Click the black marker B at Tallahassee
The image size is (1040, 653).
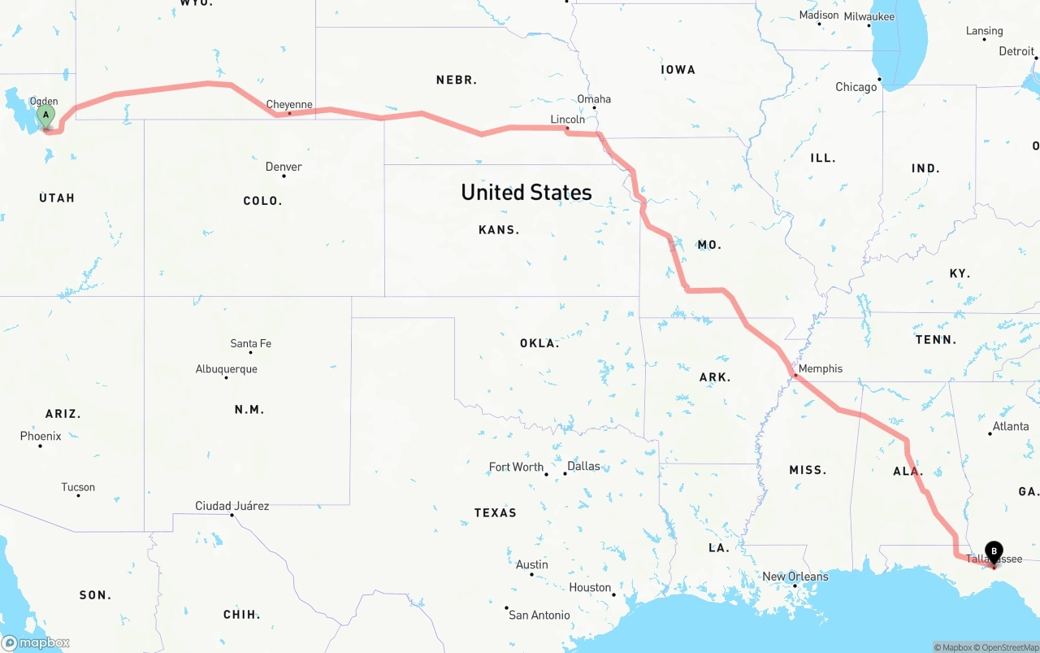tap(994, 551)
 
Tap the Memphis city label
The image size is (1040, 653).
tap(820, 368)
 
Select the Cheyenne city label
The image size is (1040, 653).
tap(289, 105)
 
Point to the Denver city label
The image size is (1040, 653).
tap(284, 167)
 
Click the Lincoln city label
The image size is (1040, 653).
tap(567, 120)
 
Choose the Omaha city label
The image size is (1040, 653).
tap(594, 99)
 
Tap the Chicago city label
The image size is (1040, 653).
tap(856, 87)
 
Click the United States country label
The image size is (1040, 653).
tap(526, 192)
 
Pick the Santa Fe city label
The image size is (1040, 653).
tap(250, 343)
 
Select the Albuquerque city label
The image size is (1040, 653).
tap(226, 369)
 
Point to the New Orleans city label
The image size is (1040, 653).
tap(795, 577)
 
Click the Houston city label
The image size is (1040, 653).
tap(590, 587)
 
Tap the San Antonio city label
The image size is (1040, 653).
tap(539, 615)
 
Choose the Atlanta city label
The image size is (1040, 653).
tap(1010, 426)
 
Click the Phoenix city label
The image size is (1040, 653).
tap(41, 436)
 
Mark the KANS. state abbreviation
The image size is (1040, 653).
tap(499, 230)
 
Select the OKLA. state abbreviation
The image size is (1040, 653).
tap(539, 343)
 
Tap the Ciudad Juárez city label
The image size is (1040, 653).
tap(232, 506)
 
